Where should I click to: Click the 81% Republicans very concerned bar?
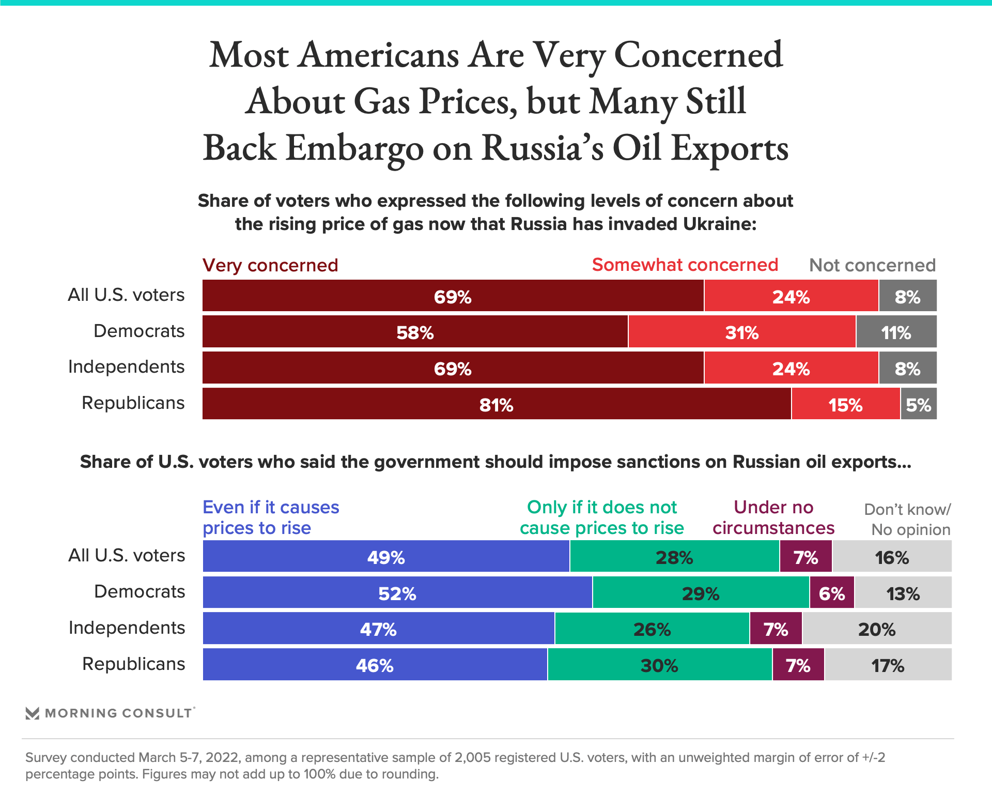(x=496, y=404)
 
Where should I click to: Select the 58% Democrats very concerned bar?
(x=415, y=332)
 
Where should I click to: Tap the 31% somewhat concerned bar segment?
(x=742, y=332)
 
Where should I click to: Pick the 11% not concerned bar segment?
(x=896, y=332)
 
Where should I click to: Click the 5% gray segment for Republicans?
(x=919, y=404)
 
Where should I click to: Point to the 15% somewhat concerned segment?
(x=845, y=404)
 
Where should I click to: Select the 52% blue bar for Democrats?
(x=397, y=592)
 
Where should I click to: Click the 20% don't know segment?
(x=877, y=629)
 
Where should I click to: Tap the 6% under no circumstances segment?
(x=832, y=592)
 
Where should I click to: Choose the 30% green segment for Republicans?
(x=659, y=665)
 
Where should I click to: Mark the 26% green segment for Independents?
(x=652, y=629)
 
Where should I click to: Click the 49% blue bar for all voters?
(x=386, y=557)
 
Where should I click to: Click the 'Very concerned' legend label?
(x=270, y=265)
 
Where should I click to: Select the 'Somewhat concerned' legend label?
(x=685, y=265)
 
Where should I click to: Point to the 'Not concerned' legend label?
(x=872, y=265)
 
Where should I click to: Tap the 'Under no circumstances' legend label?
(x=773, y=517)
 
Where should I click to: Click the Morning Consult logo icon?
(x=33, y=713)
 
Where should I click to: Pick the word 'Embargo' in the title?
(x=354, y=148)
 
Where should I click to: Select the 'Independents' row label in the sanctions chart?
(x=127, y=628)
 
